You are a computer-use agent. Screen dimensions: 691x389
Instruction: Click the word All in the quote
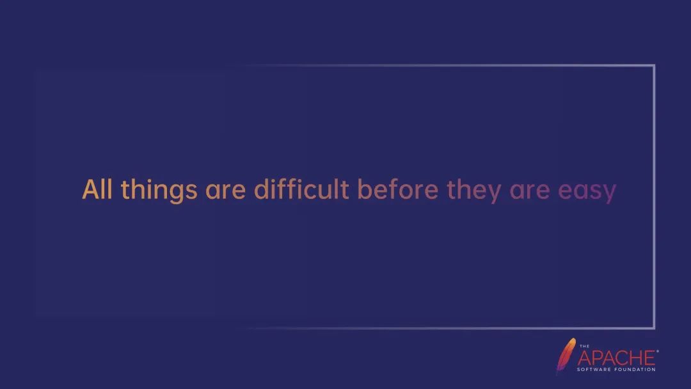(x=97, y=189)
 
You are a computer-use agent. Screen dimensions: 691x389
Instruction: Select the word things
(x=159, y=191)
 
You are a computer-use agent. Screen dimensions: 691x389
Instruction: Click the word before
(x=398, y=189)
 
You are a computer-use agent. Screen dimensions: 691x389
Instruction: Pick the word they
(x=474, y=191)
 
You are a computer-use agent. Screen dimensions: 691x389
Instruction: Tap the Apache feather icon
(x=566, y=355)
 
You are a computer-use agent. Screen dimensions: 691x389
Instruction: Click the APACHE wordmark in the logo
(x=617, y=358)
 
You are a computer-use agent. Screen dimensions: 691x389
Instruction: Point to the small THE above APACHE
(x=584, y=346)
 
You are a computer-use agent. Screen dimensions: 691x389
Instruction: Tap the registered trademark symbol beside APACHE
(x=658, y=351)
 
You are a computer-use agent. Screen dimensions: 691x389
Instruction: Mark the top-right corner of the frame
(x=654, y=66)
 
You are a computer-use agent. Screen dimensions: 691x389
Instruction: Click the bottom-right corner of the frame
(x=654, y=328)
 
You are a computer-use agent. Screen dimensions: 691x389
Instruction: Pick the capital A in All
(x=90, y=189)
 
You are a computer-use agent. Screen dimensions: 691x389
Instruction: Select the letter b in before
(x=365, y=189)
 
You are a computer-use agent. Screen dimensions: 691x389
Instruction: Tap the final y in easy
(x=610, y=194)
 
